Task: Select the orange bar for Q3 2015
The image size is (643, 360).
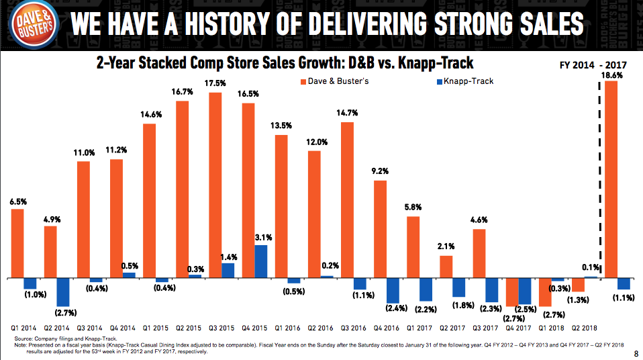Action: pyautogui.click(x=215, y=185)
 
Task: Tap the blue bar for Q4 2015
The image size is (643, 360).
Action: pyautogui.click(x=260, y=261)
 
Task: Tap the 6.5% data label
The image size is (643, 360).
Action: pyautogui.click(x=18, y=201)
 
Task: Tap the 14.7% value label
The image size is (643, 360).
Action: pyautogui.click(x=347, y=114)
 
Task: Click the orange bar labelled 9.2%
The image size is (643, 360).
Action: pyautogui.click(x=380, y=228)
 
